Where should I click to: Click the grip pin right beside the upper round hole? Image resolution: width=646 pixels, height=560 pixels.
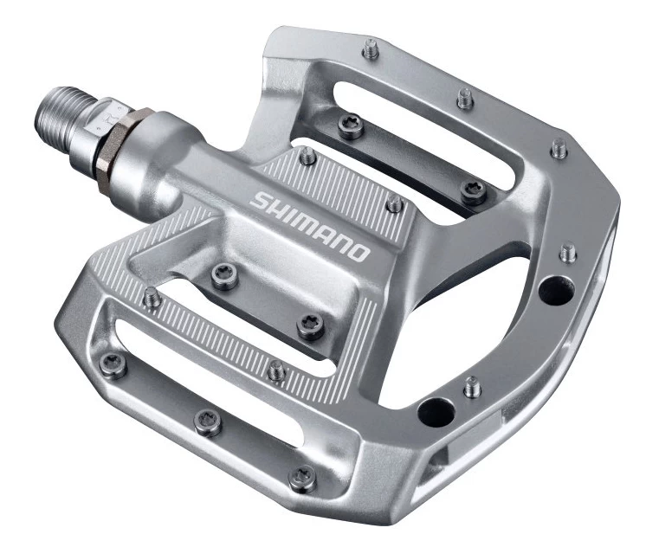click(567, 253)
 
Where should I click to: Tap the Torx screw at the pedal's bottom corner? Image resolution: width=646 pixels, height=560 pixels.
click(303, 475)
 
